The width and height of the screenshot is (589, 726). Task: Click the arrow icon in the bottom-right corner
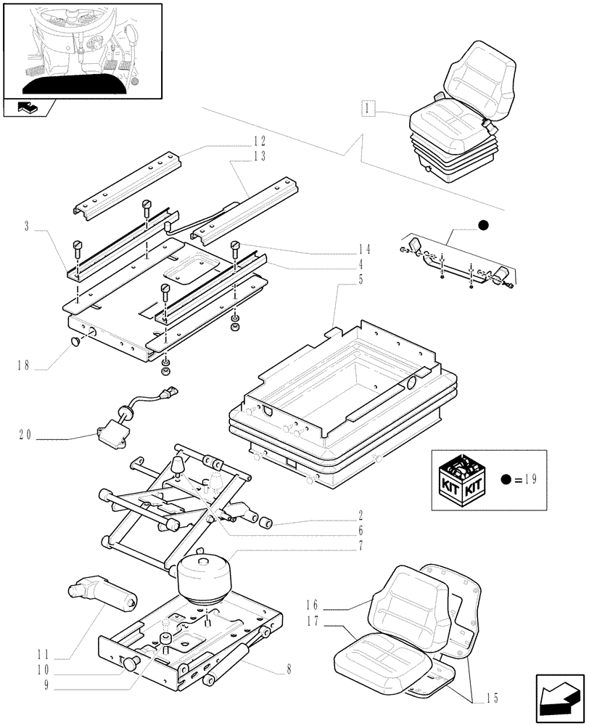click(559, 693)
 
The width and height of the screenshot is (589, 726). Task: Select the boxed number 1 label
click(368, 108)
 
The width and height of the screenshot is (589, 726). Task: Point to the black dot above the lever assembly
click(484, 227)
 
